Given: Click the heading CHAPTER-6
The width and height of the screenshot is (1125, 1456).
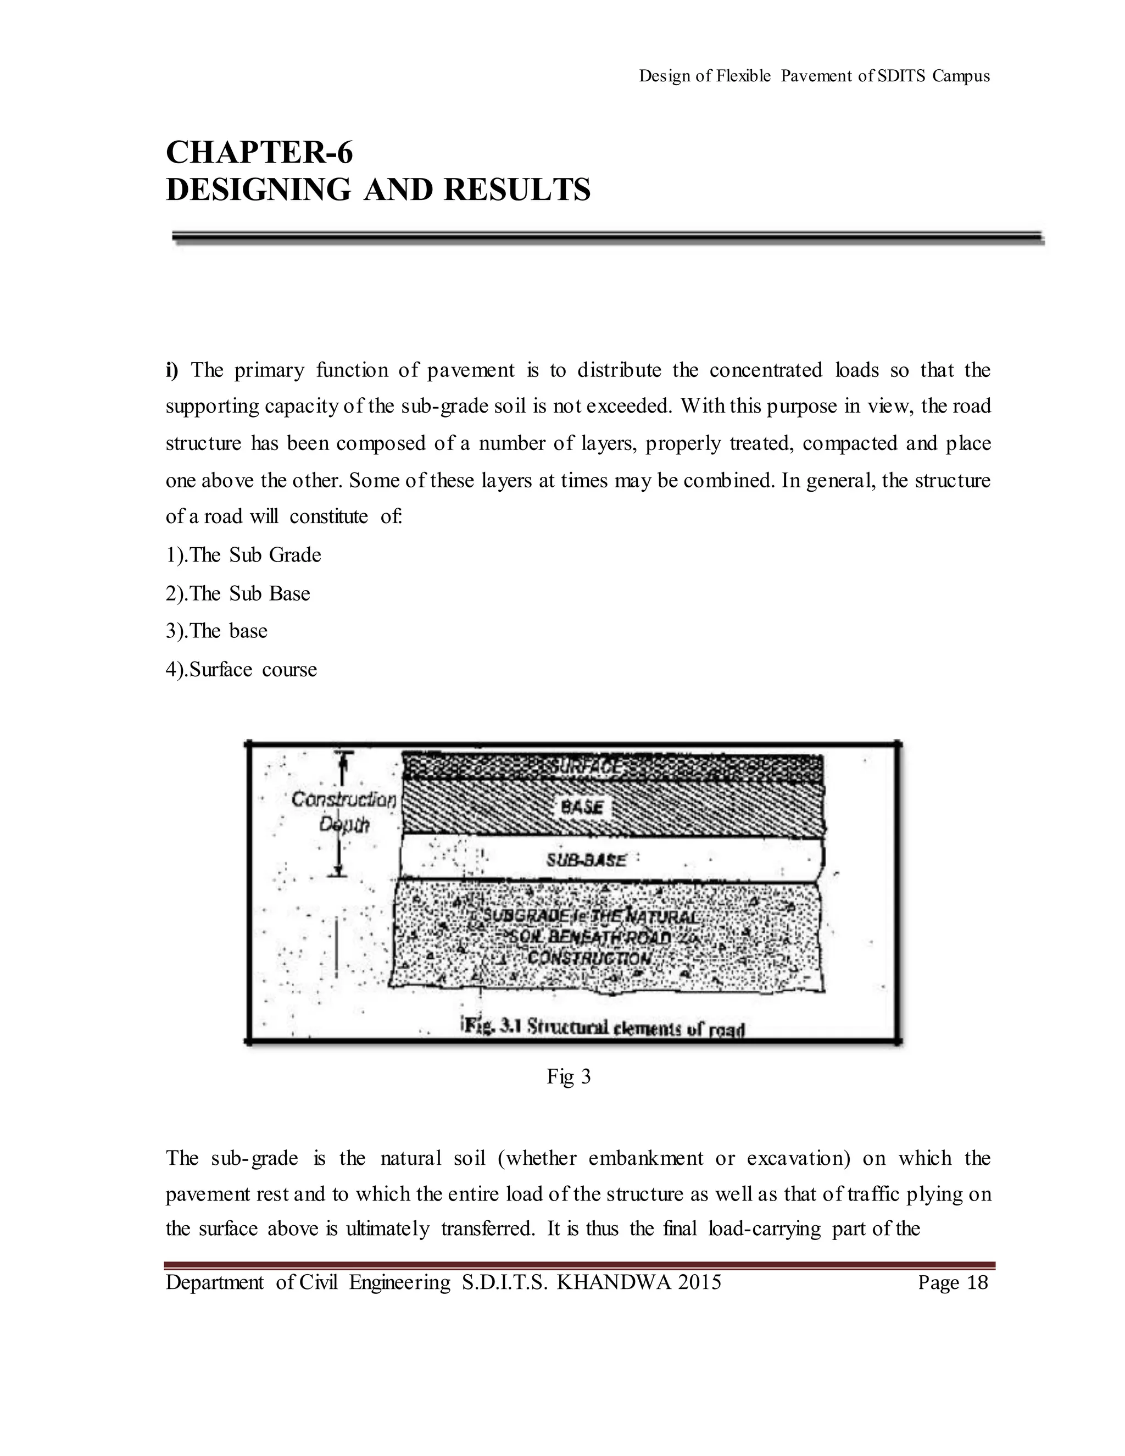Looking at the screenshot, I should (259, 153).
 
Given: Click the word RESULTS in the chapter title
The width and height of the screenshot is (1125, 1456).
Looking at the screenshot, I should (517, 190).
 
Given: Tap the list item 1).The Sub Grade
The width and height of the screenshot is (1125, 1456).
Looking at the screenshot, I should (243, 555).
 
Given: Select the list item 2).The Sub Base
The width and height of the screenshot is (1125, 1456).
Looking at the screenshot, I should (238, 593).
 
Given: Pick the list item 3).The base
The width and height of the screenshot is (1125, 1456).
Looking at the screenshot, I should (216, 631).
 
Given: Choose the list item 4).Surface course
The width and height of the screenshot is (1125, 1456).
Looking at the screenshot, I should (241, 669).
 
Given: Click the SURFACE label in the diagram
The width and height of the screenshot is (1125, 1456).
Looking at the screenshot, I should (584, 768).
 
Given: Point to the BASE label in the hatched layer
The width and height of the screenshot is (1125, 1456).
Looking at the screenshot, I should (582, 807).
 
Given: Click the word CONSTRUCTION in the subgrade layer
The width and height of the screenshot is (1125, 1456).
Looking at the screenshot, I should (589, 959).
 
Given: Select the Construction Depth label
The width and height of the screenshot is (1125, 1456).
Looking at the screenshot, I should (343, 812).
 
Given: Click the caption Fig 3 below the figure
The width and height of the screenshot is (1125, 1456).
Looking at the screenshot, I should (569, 1076).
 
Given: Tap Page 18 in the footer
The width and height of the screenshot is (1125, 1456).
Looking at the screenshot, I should (953, 1282).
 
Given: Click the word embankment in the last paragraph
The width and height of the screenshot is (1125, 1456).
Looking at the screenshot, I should (645, 1158).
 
